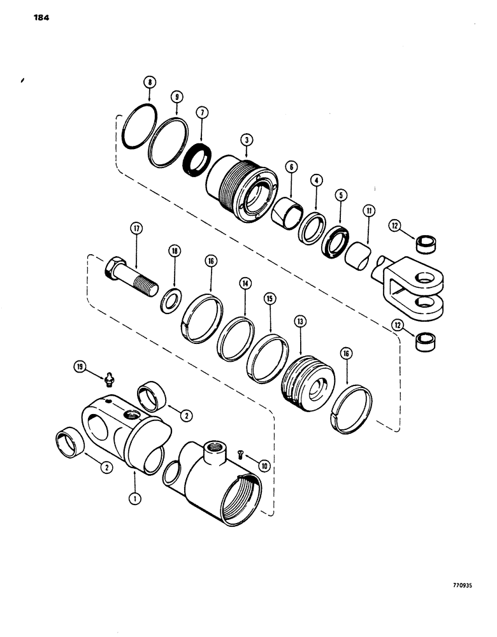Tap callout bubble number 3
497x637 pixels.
point(245,140)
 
